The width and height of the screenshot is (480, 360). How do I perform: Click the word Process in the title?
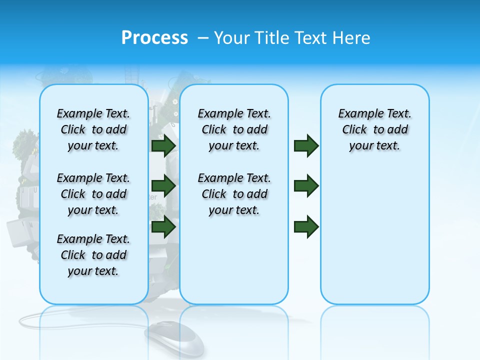[154, 37]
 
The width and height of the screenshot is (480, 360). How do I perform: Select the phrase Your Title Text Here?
[292, 38]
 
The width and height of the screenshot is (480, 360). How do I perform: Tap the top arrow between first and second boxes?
[163, 145]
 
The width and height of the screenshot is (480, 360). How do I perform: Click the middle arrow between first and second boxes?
[163, 186]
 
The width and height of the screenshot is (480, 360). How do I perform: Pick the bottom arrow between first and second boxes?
[163, 226]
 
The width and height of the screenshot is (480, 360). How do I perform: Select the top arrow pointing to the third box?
[306, 145]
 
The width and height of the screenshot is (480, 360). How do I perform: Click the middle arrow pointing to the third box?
[306, 186]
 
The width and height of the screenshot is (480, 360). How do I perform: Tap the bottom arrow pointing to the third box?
[306, 226]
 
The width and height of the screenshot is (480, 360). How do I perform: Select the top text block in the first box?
[93, 129]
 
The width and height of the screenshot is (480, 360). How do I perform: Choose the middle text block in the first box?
[93, 194]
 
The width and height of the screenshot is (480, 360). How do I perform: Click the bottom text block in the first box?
[93, 255]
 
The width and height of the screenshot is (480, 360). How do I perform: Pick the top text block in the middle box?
[234, 129]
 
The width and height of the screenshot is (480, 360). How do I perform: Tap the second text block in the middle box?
[234, 194]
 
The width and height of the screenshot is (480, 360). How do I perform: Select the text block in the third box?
[374, 129]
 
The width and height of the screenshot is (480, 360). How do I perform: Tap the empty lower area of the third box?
[374, 240]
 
